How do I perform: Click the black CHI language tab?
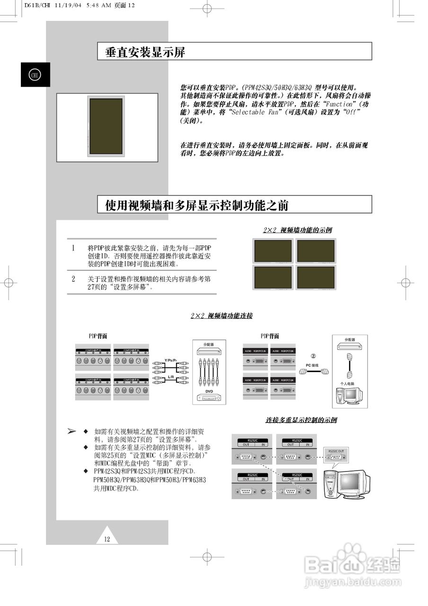click(x=35, y=75)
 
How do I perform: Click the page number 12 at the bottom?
click(x=107, y=538)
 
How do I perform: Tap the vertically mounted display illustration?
click(x=107, y=127)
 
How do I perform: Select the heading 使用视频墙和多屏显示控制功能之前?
click(x=197, y=205)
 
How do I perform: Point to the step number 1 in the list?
click(x=73, y=248)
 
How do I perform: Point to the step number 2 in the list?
click(x=73, y=279)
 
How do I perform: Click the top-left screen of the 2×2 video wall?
click(x=273, y=251)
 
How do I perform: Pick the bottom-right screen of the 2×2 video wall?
click(x=315, y=277)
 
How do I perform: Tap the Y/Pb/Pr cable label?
click(x=171, y=360)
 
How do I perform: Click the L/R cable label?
click(x=171, y=377)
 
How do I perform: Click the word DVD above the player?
click(x=209, y=392)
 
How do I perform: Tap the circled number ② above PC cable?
click(x=313, y=356)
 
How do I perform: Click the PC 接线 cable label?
click(x=312, y=365)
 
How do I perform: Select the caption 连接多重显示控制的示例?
click(x=301, y=420)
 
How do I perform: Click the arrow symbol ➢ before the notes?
click(x=71, y=431)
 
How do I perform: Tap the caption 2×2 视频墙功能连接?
click(x=222, y=316)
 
